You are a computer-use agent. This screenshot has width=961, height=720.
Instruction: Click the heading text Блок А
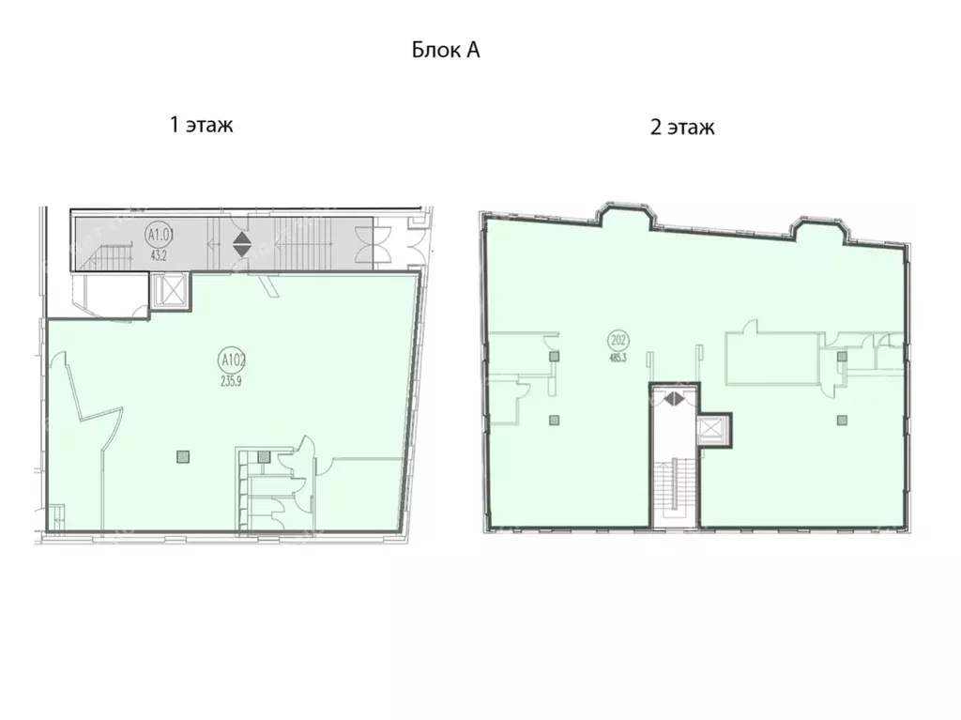pos(446,51)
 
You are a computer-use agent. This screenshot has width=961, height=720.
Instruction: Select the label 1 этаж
pos(201,125)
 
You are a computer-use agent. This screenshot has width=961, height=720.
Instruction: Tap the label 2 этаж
pos(682,127)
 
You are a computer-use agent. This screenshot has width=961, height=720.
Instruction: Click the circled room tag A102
pos(230,358)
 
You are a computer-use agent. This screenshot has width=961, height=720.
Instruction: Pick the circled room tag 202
pos(617,339)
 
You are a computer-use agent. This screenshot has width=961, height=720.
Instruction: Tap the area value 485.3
pos(617,358)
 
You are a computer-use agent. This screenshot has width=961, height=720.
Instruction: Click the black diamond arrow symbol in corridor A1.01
pos(242,245)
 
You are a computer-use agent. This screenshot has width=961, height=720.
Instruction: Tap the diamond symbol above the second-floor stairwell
pos(672,398)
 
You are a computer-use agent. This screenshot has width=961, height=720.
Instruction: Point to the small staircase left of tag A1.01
pos(109,255)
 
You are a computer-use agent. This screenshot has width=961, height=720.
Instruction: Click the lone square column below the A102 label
pos(183,457)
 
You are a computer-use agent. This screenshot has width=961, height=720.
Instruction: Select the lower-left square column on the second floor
pos(555,419)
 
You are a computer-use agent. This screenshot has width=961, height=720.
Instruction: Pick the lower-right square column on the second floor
pos(842,419)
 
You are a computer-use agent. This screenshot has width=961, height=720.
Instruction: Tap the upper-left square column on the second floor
pos(555,356)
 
